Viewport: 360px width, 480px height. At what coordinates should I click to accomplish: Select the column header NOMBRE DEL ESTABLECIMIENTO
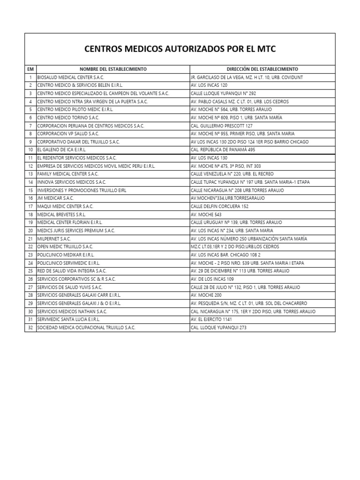pyautogui.click(x=113, y=69)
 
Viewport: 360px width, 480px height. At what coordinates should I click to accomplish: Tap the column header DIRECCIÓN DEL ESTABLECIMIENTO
pyautogui.click(x=262, y=69)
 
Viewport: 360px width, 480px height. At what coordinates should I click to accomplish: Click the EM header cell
pyautogui.click(x=30, y=69)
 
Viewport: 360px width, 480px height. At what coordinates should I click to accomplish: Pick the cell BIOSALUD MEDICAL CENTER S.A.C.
pyautogui.click(x=70, y=77)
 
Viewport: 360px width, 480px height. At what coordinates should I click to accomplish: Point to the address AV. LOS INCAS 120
pyautogui.click(x=209, y=85)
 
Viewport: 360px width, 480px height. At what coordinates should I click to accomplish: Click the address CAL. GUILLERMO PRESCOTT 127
pyautogui.click(x=221, y=126)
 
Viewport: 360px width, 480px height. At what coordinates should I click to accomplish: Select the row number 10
pyautogui.click(x=30, y=150)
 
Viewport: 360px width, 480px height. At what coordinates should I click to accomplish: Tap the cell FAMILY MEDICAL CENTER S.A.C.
pyautogui.click(x=67, y=174)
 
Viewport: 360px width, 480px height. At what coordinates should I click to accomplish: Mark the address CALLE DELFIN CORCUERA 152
pyautogui.click(x=219, y=206)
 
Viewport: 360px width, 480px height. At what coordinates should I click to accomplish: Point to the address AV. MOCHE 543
pyautogui.click(x=206, y=214)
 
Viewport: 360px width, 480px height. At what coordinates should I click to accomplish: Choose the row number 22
pyautogui.click(x=30, y=247)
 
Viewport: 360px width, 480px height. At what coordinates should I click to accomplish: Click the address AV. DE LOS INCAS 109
pyautogui.click(x=212, y=279)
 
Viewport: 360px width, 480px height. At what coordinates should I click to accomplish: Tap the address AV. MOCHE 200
pyautogui.click(x=206, y=295)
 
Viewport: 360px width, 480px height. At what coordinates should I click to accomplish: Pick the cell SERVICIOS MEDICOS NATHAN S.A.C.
pyautogui.click(x=72, y=311)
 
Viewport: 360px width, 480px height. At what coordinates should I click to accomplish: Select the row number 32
pyautogui.click(x=30, y=328)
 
